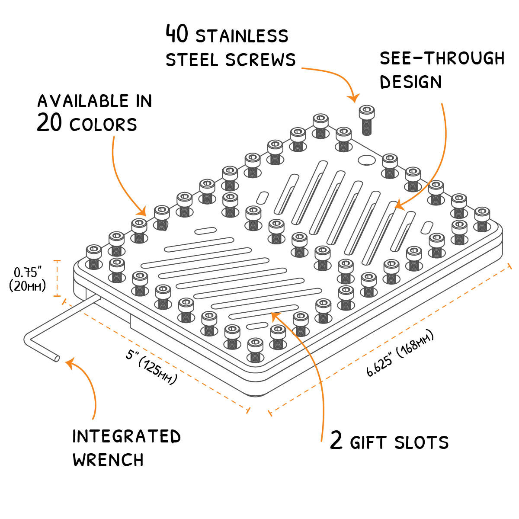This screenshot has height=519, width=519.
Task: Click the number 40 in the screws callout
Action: pos(177,34)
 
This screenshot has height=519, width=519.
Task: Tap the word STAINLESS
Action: pos(242,36)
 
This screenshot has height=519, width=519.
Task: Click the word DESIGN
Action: pos(411,82)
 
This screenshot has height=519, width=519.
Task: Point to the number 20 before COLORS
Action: pos(50,123)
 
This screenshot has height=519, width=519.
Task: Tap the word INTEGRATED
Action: pos(127,436)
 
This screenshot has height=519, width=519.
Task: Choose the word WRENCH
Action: pos(108,460)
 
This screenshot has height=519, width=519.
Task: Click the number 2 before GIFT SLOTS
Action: pos(336,441)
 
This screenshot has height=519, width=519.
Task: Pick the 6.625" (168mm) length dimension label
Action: pos(400,354)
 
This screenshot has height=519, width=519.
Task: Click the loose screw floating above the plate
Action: pos(366,119)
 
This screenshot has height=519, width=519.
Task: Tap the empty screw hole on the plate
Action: pos(367,160)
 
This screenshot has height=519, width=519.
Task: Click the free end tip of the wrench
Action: pos(57,359)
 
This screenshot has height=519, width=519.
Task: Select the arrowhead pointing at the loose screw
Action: pos(354,99)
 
